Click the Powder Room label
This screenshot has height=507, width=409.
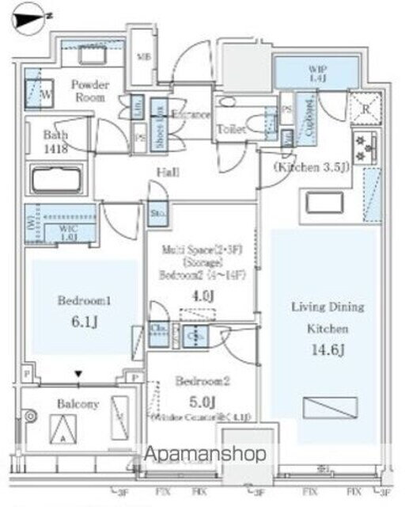pos(89,90)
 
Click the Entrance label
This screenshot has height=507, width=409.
pos(191,115)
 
